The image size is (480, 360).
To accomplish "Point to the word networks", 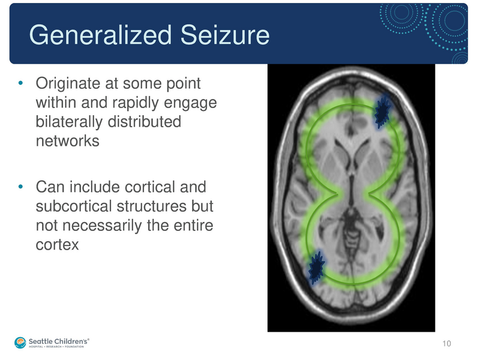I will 67,142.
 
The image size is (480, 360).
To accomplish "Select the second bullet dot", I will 21,187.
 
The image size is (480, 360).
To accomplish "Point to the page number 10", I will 446,343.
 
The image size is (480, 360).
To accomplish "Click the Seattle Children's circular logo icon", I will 21,343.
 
